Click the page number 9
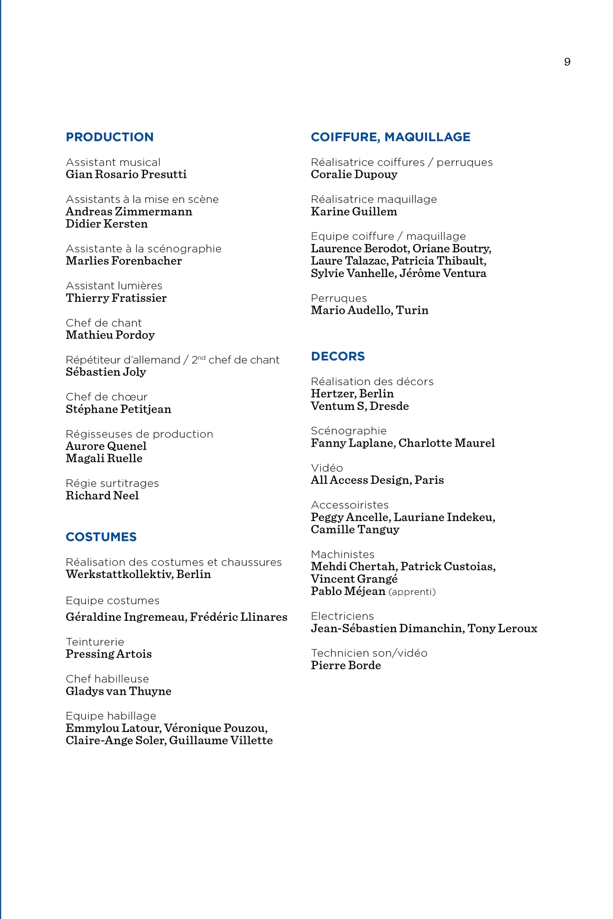[567, 62]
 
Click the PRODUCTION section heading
[109, 137]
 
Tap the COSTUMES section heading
[101, 537]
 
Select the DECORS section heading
[338, 356]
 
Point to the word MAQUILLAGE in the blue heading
[427, 137]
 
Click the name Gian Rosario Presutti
[126, 175]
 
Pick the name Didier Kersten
[107, 224]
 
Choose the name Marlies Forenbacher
[124, 261]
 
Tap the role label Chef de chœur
[107, 397]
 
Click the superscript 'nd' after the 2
[201, 357]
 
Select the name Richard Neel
[102, 496]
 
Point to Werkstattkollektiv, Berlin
[138, 574]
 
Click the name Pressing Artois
[108, 654]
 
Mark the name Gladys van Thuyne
[119, 692]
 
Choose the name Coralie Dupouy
[354, 175]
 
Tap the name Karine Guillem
[354, 212]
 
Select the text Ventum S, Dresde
[360, 406]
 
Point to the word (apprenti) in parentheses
[412, 592]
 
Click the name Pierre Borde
[346, 666]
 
